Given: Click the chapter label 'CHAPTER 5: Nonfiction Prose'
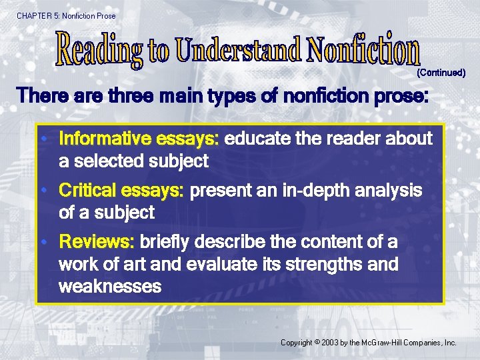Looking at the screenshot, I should (x=66, y=15).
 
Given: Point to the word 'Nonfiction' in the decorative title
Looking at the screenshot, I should (x=364, y=49).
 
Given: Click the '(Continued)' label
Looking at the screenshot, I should (x=441, y=72).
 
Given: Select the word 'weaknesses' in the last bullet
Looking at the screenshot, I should (x=110, y=287).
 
